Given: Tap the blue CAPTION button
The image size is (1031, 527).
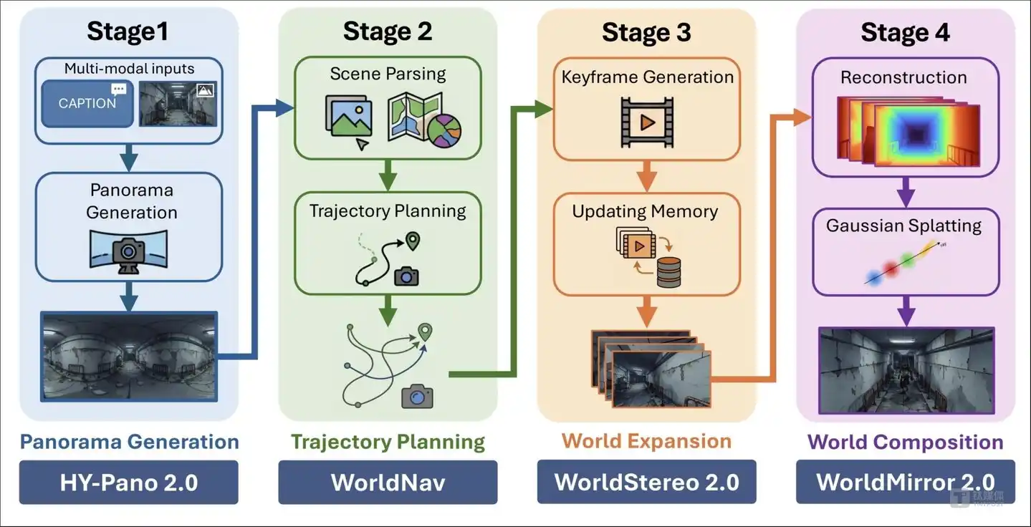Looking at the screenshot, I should pos(87,103).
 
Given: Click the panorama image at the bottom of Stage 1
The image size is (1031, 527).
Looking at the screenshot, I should pos(129,355).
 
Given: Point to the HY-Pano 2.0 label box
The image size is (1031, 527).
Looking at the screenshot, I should pos(129,482).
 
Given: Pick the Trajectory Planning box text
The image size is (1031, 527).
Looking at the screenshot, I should pos(388,211).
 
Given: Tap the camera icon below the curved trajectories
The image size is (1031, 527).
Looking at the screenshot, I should pos(417,395).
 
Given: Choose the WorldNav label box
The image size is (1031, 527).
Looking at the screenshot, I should pos(388,482).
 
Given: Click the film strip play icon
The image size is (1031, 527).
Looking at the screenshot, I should pos(647,123).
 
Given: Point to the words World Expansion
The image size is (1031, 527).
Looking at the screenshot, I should pos(646,441).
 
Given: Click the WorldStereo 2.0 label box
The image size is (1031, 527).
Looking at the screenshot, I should pos(646,482).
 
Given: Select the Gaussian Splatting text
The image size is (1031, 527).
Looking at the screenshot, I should pos(903,226).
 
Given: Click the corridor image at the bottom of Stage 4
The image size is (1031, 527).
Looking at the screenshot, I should pos(906,370).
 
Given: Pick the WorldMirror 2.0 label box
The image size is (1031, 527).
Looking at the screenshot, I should pos(906,482).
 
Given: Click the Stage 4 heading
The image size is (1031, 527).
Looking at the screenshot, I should pos(905,32).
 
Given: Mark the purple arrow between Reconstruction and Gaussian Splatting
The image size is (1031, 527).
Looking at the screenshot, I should pos(906,190).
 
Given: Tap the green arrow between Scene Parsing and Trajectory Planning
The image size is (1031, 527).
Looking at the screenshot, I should pos(388,174).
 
